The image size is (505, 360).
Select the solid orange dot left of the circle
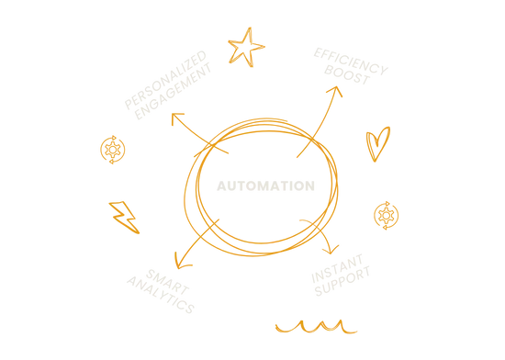click(x=114, y=150)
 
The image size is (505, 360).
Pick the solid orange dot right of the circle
click(x=387, y=216)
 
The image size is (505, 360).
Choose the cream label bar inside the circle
click(x=267, y=186)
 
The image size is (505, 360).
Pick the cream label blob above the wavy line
click(x=340, y=273)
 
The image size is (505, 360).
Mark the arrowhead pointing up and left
click(x=177, y=118)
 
